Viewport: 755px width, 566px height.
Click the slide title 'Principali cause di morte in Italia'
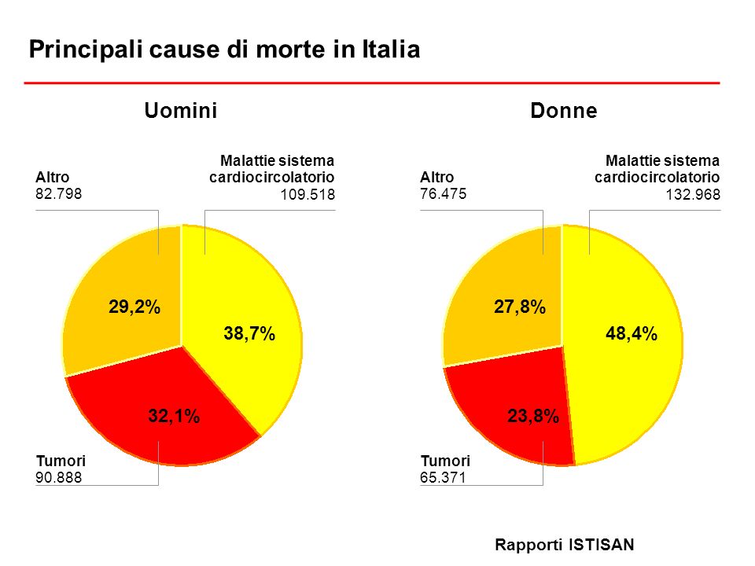(x=224, y=50)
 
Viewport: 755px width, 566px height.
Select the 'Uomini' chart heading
(x=181, y=111)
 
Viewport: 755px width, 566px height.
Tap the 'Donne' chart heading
(x=564, y=111)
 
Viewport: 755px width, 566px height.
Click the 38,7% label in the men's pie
(x=249, y=335)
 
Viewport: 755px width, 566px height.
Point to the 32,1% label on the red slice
(x=175, y=417)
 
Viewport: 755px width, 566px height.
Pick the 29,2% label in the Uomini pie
(x=134, y=307)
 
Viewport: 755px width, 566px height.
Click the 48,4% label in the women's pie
(x=631, y=335)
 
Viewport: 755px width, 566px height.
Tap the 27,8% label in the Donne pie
(x=520, y=307)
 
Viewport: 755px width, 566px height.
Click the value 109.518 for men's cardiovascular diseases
(x=308, y=196)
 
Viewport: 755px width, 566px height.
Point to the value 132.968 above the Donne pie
(x=693, y=196)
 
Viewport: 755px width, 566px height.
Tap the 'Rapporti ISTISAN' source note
(x=564, y=544)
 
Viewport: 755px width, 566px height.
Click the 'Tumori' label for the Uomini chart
(x=61, y=461)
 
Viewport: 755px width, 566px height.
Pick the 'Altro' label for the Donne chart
(x=437, y=177)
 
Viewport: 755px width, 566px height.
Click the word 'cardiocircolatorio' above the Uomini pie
(x=272, y=178)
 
